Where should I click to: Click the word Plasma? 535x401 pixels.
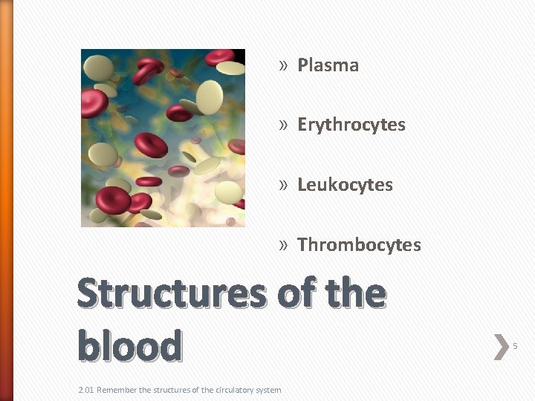click(x=328, y=65)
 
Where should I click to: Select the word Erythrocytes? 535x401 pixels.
click(x=351, y=125)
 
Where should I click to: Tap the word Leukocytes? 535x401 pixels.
click(x=345, y=185)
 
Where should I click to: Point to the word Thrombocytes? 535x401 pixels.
click(x=359, y=245)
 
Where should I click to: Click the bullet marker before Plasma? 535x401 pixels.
click(x=283, y=66)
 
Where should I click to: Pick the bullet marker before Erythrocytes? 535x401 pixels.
click(x=283, y=125)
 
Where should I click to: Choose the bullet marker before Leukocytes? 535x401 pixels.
click(x=283, y=186)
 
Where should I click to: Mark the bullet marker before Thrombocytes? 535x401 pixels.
click(x=283, y=246)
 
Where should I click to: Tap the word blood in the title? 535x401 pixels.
click(x=130, y=345)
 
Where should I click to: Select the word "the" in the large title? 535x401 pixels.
click(x=351, y=294)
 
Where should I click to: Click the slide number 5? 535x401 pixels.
click(x=515, y=346)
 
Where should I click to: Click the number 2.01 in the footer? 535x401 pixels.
click(x=86, y=390)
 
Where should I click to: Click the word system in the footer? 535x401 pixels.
click(x=268, y=390)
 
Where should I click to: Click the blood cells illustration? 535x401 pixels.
click(x=163, y=138)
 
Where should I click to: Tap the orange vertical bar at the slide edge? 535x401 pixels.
click(x=7, y=200)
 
